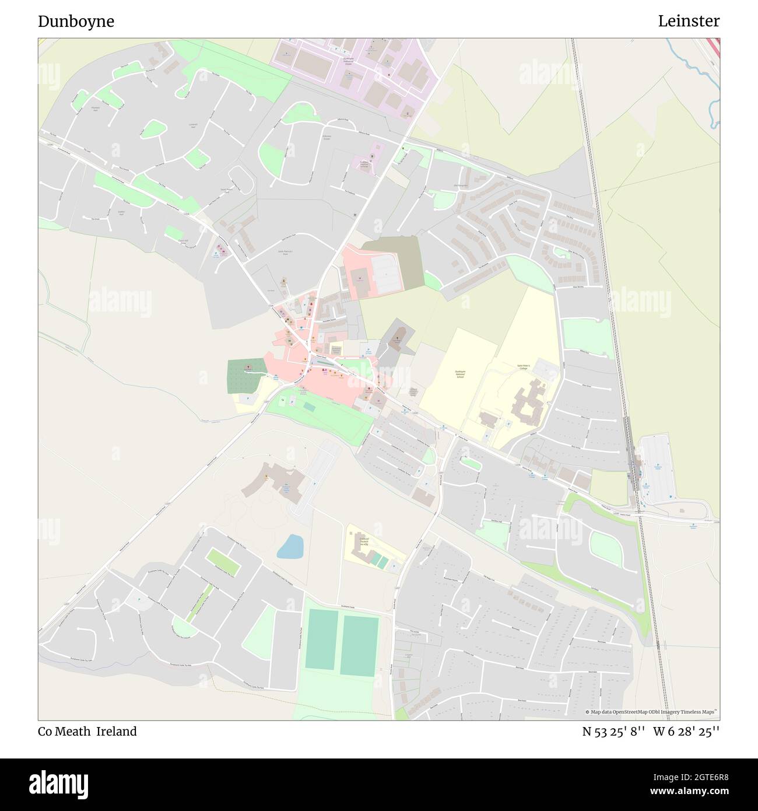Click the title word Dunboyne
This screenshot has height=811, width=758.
76,22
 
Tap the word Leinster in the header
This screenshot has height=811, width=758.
689,22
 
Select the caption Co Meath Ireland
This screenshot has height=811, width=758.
87,732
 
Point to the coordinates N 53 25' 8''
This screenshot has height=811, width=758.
613,732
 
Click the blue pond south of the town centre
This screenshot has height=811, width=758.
290,547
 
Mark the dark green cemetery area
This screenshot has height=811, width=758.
245,375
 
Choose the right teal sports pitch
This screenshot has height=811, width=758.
360,645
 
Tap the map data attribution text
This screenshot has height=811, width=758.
652,712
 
